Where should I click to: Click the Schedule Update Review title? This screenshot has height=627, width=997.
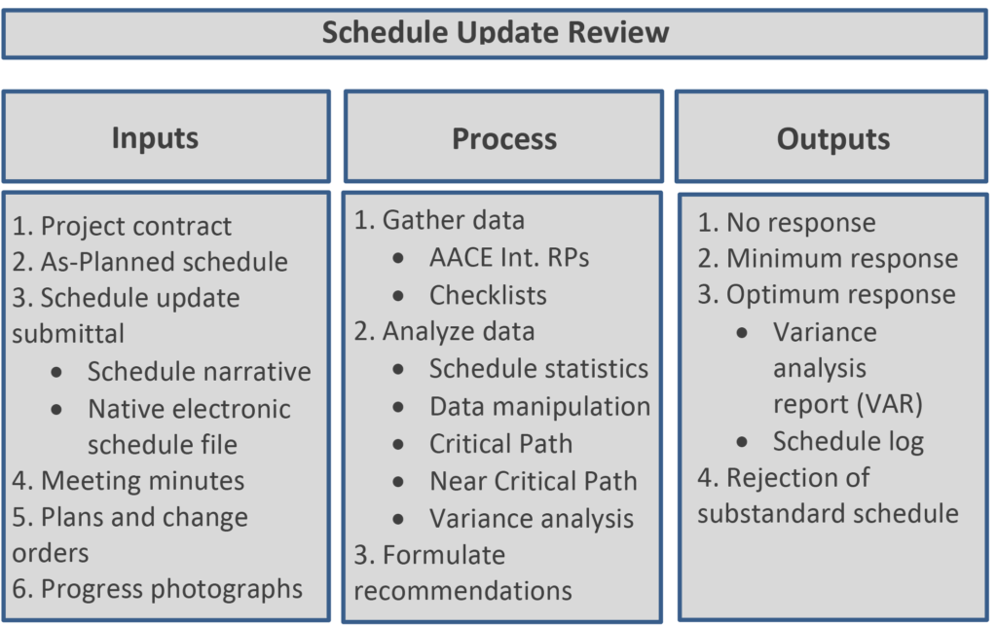(x=496, y=31)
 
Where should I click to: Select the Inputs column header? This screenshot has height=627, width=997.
(x=156, y=137)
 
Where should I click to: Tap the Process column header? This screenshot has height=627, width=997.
(x=504, y=138)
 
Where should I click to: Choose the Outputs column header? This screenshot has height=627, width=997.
(x=833, y=138)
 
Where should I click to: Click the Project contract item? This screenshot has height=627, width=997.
(x=123, y=226)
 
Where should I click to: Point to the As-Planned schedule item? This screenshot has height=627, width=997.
(x=150, y=262)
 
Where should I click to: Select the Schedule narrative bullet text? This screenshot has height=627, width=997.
(x=199, y=371)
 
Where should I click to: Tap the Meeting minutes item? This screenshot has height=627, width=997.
(x=129, y=480)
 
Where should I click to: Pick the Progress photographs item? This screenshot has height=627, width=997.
(x=158, y=588)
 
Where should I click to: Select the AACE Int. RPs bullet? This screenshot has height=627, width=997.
(x=509, y=258)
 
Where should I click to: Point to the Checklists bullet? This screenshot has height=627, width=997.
(x=488, y=295)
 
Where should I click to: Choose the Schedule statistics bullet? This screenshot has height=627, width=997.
(x=538, y=369)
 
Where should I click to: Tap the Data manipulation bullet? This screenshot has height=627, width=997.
(x=539, y=406)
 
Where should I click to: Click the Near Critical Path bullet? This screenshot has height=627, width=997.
(x=534, y=481)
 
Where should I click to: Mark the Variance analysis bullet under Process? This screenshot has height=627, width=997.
(x=532, y=518)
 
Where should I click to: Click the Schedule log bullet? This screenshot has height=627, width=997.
(x=848, y=441)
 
